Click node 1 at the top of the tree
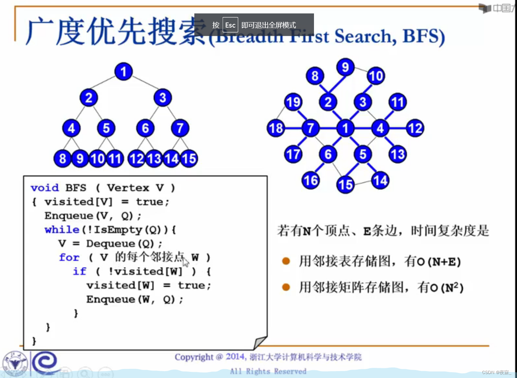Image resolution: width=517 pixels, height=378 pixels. (x=124, y=71)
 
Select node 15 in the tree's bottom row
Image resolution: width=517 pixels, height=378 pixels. (x=189, y=159)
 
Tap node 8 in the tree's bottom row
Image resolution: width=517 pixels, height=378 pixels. (x=63, y=159)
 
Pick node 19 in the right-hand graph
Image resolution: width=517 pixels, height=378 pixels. (x=293, y=102)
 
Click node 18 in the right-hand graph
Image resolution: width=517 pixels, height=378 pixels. (x=276, y=128)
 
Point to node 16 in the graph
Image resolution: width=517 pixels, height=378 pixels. (x=311, y=180)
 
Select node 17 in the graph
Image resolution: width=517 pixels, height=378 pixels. (x=293, y=154)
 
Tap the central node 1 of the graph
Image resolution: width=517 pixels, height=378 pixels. (x=346, y=128)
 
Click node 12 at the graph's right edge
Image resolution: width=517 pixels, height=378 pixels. (x=415, y=128)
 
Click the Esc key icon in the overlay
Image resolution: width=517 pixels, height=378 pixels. (x=230, y=25)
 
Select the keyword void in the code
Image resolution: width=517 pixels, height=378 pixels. (x=45, y=188)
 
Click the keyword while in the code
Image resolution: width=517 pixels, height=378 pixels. (x=62, y=230)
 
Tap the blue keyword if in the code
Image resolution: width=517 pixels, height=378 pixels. (x=80, y=271)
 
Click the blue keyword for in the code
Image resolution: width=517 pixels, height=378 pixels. (x=69, y=258)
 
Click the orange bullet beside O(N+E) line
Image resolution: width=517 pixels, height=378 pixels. (x=286, y=261)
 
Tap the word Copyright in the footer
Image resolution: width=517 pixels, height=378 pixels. (x=194, y=357)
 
